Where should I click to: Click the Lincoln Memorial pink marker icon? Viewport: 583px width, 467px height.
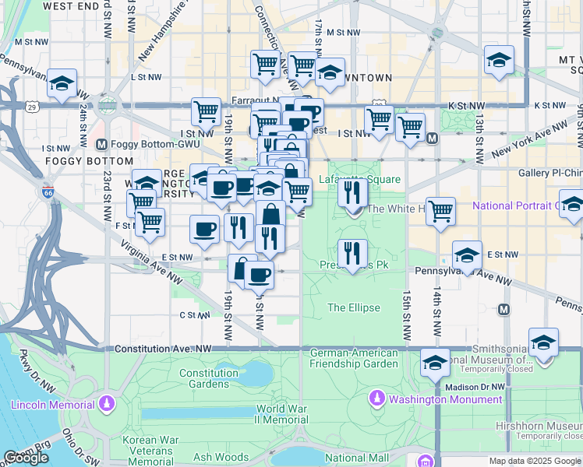[106, 405]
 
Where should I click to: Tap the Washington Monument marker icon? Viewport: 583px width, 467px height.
[377, 399]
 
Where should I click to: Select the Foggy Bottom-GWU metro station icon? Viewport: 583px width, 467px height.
[101, 145]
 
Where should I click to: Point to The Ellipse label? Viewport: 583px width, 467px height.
[354, 307]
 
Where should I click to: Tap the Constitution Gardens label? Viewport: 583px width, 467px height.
[209, 378]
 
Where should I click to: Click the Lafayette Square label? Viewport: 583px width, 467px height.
[360, 180]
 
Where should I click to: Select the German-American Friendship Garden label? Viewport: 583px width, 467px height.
[354, 358]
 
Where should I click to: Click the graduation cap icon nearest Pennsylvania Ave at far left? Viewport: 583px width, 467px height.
[62, 83]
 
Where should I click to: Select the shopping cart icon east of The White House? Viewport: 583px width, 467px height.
[441, 210]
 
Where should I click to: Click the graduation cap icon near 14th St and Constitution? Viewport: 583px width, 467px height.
[435, 362]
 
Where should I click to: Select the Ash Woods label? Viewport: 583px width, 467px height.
[221, 458]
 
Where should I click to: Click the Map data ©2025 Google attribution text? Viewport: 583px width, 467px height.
[535, 461]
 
